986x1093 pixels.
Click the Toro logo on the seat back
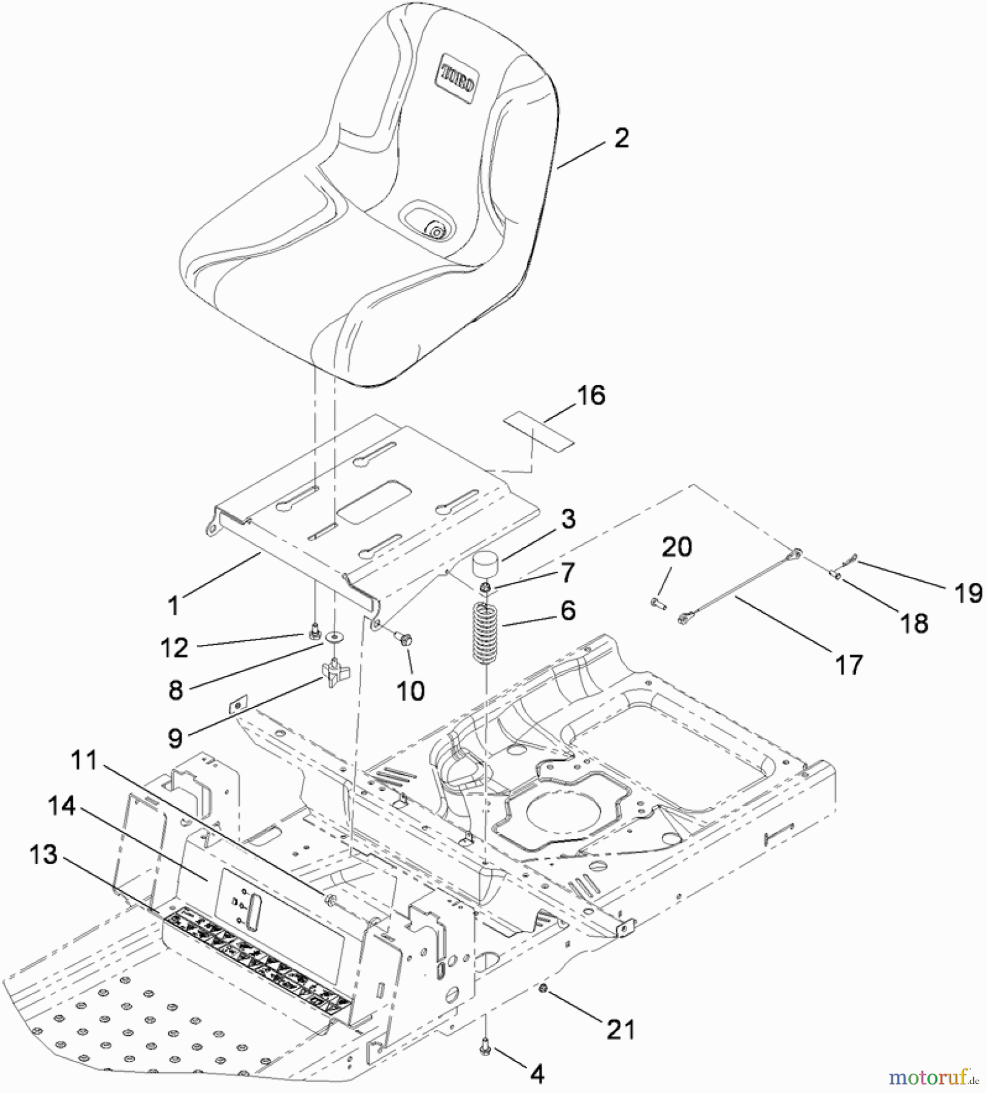point(458,78)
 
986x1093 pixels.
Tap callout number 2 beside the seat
point(621,138)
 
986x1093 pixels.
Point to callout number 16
point(591,395)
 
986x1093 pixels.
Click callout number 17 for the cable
point(849,665)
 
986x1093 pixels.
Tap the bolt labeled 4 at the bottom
point(485,1049)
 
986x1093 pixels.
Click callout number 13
point(43,854)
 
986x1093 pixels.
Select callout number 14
point(61,806)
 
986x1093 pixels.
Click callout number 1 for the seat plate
point(174,605)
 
